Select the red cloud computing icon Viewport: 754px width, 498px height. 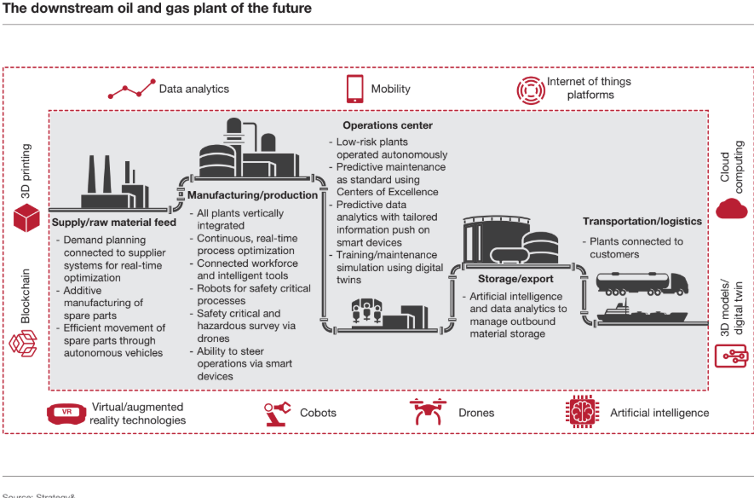pos(731,207)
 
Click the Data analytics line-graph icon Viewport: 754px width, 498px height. pos(131,88)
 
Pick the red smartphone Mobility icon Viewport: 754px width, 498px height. pos(354,89)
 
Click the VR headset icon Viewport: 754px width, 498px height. pos(66,413)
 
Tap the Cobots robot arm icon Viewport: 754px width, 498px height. pos(278,413)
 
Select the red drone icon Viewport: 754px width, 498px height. pos(427,412)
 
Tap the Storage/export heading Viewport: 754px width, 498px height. pos(514,279)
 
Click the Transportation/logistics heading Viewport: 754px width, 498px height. pos(642,222)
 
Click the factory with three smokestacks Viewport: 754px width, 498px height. pos(112,179)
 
